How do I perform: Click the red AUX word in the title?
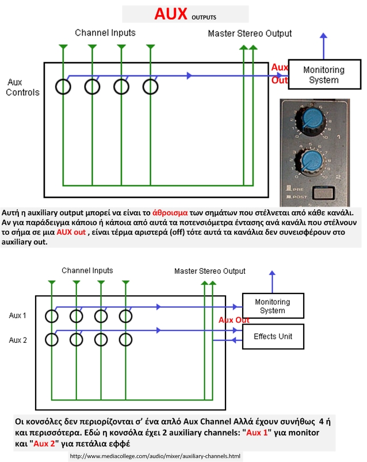click(x=171, y=14)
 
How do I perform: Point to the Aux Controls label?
click(x=22, y=87)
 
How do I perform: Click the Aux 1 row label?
click(x=18, y=315)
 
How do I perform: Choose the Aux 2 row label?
click(x=18, y=340)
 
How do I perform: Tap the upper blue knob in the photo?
click(x=312, y=118)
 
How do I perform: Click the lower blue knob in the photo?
click(x=312, y=161)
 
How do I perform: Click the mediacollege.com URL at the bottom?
click(x=155, y=456)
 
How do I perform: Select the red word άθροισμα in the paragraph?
click(x=170, y=212)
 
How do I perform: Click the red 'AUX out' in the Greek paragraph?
click(x=71, y=232)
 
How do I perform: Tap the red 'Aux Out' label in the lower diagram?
click(x=234, y=320)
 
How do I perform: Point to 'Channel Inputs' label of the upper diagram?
click(x=105, y=32)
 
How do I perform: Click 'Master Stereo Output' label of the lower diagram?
click(x=210, y=271)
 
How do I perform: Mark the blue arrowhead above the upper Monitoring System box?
click(x=323, y=35)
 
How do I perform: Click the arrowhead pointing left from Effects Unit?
click(x=234, y=340)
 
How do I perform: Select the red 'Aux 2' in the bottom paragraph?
click(x=44, y=444)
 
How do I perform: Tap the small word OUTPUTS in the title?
click(x=204, y=17)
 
